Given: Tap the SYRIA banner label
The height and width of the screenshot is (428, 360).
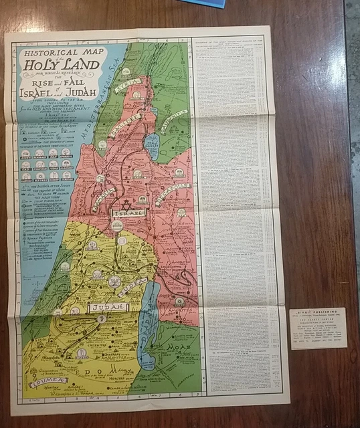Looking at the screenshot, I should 127,89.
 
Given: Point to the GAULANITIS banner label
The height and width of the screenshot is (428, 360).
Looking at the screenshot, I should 173,122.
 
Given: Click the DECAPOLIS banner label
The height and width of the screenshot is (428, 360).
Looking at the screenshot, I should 176,190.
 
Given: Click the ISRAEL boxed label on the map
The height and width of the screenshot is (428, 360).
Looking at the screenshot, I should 126,213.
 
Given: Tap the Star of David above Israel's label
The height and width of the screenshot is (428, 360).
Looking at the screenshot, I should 125,201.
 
